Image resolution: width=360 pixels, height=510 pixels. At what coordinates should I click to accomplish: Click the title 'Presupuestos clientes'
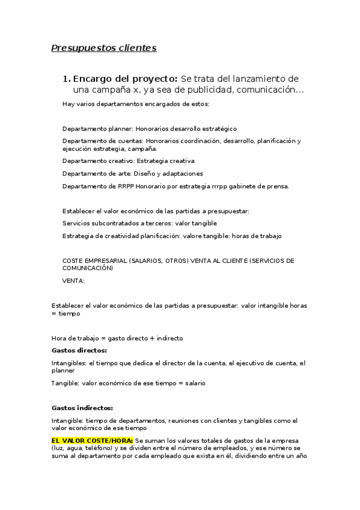coord(103,48)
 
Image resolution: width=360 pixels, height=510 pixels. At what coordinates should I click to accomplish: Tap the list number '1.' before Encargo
coord(67,79)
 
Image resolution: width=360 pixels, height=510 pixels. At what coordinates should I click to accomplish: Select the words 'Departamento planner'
coord(97,129)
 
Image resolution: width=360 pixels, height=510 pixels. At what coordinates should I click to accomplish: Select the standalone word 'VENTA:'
coord(73,280)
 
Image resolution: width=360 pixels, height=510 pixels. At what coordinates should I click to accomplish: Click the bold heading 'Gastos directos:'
coord(79,350)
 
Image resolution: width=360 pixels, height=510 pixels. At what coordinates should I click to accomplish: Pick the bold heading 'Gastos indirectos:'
coord(82,407)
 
